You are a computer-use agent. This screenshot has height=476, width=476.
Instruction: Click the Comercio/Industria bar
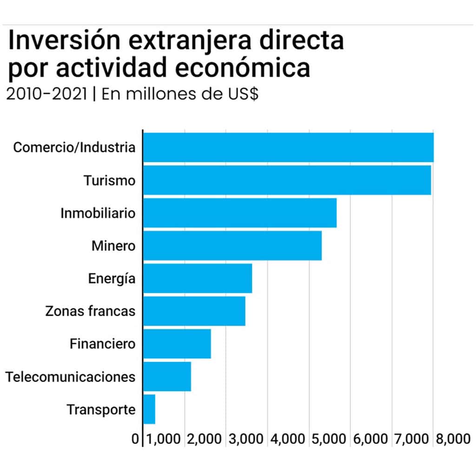(x=288, y=147)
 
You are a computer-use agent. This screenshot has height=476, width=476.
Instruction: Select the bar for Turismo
(x=287, y=180)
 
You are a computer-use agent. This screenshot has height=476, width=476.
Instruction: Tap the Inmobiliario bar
(x=239, y=213)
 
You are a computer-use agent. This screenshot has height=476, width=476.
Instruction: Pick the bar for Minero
(x=232, y=245)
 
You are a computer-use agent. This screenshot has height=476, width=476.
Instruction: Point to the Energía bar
(x=198, y=278)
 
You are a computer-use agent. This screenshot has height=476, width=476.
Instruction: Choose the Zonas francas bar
(x=194, y=311)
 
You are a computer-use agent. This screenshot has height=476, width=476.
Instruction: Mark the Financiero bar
(x=177, y=344)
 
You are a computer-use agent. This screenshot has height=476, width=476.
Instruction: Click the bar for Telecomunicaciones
(x=167, y=377)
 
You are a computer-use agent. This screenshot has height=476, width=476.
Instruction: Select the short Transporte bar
(x=149, y=410)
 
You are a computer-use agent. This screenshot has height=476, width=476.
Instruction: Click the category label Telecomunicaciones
(x=71, y=377)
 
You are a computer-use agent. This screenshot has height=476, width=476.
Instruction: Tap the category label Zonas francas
(x=90, y=311)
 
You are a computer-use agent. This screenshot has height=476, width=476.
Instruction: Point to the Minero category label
(x=113, y=245)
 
